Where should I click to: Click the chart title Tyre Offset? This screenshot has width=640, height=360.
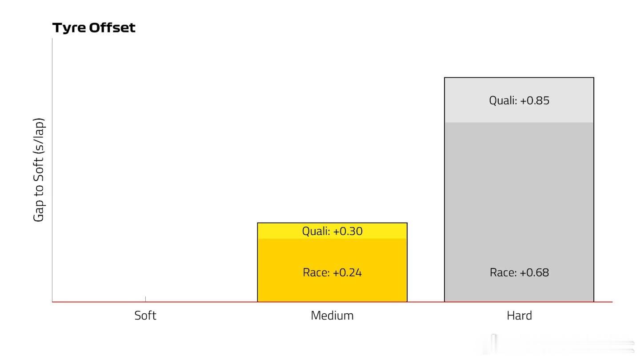94,28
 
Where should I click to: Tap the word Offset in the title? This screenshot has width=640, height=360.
112,28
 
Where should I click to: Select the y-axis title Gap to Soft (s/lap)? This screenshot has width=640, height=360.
39,170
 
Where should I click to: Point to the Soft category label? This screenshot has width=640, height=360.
145,316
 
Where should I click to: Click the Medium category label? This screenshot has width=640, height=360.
332,316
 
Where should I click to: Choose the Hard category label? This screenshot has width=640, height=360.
519,316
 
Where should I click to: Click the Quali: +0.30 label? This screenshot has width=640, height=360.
332,231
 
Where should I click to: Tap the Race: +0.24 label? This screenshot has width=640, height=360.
332,272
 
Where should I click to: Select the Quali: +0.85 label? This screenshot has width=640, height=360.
519,100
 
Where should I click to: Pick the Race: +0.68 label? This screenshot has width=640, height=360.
519,272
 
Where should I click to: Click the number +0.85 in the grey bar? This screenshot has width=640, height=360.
535,100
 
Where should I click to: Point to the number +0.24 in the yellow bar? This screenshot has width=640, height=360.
347,272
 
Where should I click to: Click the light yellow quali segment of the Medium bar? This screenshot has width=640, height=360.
332,231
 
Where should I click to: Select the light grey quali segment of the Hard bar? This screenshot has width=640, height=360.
519,100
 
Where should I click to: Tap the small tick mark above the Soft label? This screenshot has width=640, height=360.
145,299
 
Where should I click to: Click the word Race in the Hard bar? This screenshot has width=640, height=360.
503,272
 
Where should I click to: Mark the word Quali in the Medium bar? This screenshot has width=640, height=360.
316,231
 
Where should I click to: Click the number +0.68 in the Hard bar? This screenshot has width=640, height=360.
534,272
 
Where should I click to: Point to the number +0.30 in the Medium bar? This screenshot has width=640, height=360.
348,231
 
